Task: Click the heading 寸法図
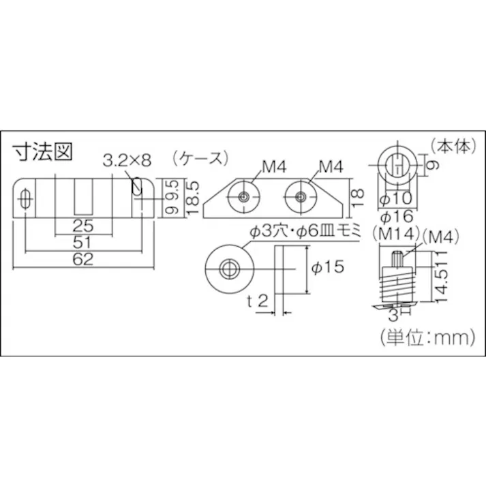point(43,151)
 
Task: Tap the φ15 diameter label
point(328,269)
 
